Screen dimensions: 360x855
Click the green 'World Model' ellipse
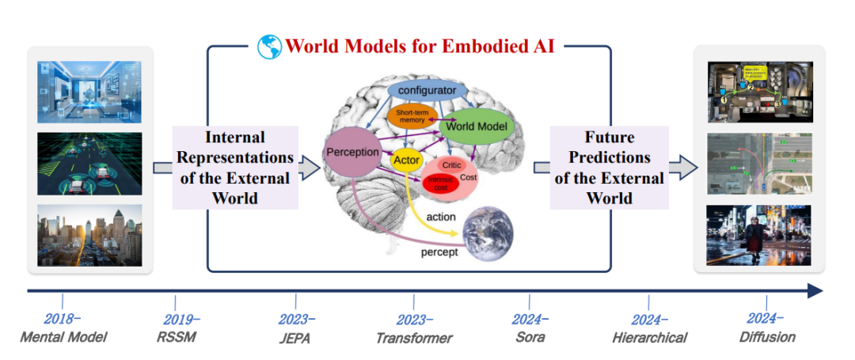[476, 126]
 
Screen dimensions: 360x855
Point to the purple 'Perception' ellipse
[353, 152]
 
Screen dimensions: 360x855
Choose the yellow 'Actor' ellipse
[406, 161]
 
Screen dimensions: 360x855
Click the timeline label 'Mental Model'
[63, 337]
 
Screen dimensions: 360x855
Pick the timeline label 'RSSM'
[175, 337]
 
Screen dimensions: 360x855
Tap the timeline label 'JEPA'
[294, 338]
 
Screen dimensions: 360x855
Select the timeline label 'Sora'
[529, 337]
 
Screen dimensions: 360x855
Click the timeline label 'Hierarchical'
[649, 338]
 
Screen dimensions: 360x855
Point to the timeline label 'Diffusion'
[766, 337]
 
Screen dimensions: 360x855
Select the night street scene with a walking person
[759, 235]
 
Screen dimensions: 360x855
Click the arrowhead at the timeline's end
[815, 291]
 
